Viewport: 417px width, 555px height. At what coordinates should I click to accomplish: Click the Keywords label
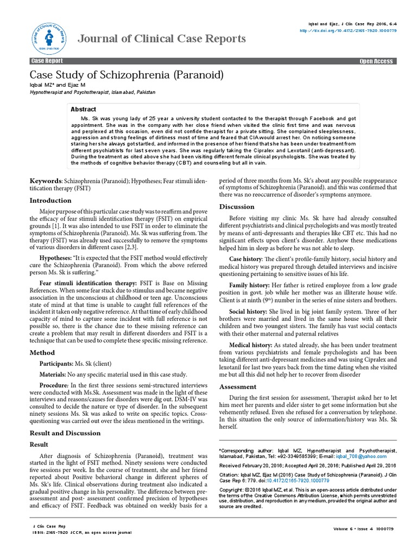[45, 180]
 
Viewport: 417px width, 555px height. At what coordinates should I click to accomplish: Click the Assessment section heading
[237, 386]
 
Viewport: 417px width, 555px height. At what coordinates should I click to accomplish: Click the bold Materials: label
[53, 375]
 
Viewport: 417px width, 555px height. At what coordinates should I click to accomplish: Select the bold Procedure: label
[53, 385]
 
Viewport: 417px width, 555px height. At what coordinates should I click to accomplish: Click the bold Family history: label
[249, 285]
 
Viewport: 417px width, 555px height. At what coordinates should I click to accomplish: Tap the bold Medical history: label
[251, 345]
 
